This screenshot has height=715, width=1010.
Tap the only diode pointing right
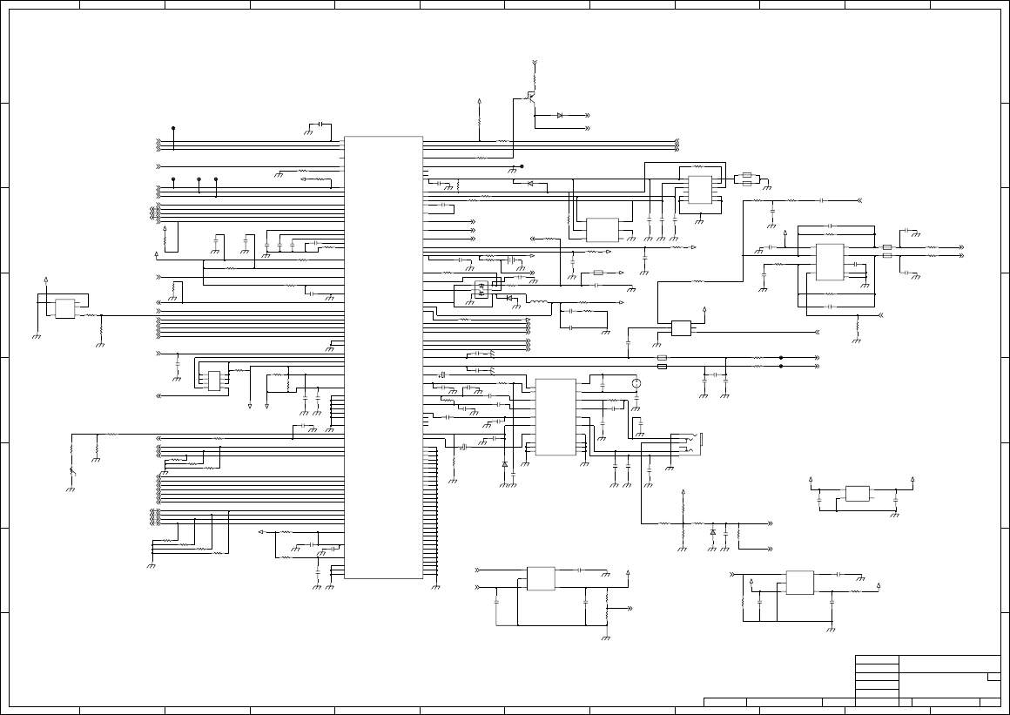point(560,115)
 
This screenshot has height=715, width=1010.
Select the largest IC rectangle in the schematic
point(383,357)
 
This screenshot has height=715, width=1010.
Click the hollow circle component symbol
point(636,383)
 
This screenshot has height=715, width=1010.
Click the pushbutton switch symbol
point(71,471)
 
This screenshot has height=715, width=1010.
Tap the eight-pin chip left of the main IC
point(213,380)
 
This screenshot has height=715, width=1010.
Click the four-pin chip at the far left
point(64,307)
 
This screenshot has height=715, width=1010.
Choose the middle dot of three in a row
point(199,179)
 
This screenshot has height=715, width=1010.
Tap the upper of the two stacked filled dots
point(781,357)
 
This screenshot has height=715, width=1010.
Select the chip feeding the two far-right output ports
point(829,262)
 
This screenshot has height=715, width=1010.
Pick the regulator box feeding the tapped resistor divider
point(541,578)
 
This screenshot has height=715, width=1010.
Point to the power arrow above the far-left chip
point(45,280)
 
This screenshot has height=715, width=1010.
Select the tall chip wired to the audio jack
point(555,417)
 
